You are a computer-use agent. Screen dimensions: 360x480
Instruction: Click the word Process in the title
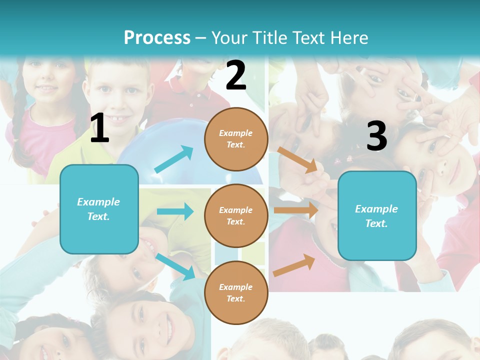157,37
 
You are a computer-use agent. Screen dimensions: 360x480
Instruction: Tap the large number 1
99,128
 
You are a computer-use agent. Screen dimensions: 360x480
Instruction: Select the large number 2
236,75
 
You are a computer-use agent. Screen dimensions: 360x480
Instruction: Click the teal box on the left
99,209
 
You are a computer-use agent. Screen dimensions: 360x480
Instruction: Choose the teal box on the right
377,216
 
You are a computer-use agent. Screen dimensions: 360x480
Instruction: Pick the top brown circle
236,139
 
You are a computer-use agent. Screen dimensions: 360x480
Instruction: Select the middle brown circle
236,215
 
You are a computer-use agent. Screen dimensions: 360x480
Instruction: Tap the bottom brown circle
236,292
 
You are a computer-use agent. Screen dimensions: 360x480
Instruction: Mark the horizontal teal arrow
175,211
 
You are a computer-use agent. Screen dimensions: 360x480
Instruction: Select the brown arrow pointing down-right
297,160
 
